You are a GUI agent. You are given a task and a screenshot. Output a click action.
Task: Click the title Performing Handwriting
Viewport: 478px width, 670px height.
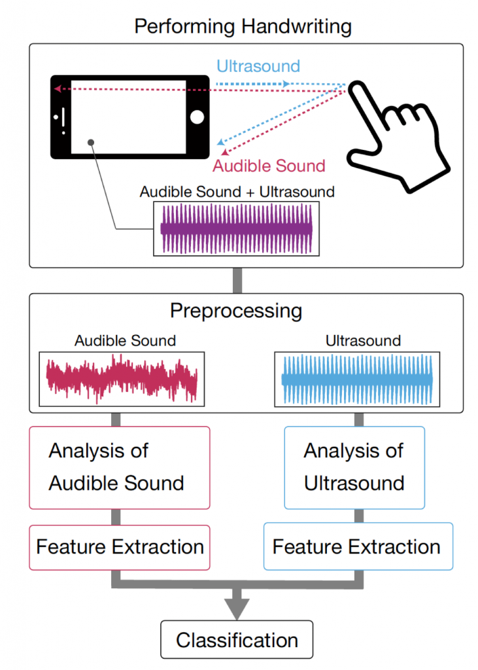[243, 27]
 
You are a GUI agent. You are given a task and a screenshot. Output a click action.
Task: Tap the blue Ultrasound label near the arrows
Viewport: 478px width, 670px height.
[258, 66]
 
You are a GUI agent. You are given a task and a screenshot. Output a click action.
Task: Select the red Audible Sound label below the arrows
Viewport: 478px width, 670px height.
[269, 166]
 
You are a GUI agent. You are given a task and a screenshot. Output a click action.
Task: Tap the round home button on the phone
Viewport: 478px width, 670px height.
[197, 117]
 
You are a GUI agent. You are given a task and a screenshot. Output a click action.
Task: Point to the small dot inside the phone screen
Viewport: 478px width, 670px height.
[91, 141]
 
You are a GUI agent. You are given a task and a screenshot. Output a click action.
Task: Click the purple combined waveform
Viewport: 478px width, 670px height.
[237, 228]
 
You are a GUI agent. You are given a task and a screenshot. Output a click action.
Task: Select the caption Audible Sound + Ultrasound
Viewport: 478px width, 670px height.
[237, 192]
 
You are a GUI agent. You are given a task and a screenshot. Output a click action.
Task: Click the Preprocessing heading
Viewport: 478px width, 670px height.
[236, 310]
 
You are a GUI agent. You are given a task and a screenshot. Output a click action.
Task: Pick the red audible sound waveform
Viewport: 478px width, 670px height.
[122, 379]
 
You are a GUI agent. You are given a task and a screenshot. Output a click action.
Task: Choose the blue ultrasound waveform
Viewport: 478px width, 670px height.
[356, 379]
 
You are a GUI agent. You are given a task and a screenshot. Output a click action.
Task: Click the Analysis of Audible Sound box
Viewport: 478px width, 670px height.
[120, 467]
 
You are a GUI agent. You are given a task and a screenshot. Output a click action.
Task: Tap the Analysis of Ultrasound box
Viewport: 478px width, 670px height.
[354, 467]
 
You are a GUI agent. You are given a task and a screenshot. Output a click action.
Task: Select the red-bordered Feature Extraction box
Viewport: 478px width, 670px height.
[120, 546]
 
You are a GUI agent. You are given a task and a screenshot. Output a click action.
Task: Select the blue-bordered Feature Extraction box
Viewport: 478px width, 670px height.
[357, 546]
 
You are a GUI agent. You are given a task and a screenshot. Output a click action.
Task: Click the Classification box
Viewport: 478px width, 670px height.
[237, 639]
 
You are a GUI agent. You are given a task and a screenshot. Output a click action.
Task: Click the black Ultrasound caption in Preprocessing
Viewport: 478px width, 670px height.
[363, 341]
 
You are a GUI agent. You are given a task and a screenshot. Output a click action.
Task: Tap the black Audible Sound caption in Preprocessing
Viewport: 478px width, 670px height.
[125, 341]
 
